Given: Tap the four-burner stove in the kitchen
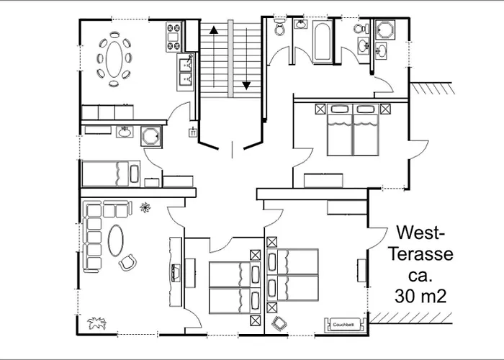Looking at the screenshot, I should click(174, 37).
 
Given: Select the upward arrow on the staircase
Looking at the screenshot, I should click(213, 30).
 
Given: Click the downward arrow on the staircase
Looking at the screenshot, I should click(247, 86).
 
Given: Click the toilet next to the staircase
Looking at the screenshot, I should click(279, 29).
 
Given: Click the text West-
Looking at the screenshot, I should click(421, 234).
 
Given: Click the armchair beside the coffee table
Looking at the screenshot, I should click(127, 263).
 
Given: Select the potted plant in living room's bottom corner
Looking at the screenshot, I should click(94, 322).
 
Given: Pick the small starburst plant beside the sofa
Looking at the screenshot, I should click(146, 208).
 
